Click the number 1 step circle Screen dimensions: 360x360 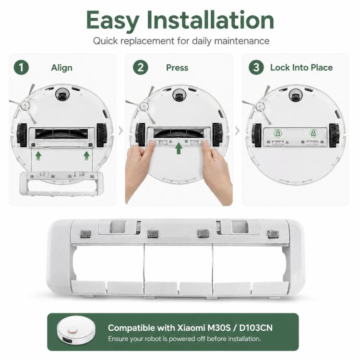coord(21,68)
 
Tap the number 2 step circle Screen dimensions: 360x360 coord(141,68)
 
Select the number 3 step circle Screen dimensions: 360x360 coord(256,68)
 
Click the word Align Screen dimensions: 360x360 coord(61,68)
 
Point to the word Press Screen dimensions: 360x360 coord(177,68)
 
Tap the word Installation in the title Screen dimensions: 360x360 coord(210,20)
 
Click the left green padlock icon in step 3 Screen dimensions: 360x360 coord(278,133)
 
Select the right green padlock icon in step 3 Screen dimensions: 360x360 coord(313,133)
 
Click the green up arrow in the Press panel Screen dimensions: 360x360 coord(179,148)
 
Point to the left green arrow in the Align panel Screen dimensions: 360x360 coord(38,156)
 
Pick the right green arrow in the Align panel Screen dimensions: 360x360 coord(86,156)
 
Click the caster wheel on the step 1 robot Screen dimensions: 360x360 coord(62,94)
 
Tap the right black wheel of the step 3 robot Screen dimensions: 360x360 coord(334,135)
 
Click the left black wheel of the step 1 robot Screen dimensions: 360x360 coord(22,135)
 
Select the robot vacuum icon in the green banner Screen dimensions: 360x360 coord(76,331)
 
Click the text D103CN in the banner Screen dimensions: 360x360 coord(256,328)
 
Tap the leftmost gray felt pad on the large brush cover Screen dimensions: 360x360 coord(85,234)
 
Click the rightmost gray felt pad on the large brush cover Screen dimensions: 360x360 coord(273,234)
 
